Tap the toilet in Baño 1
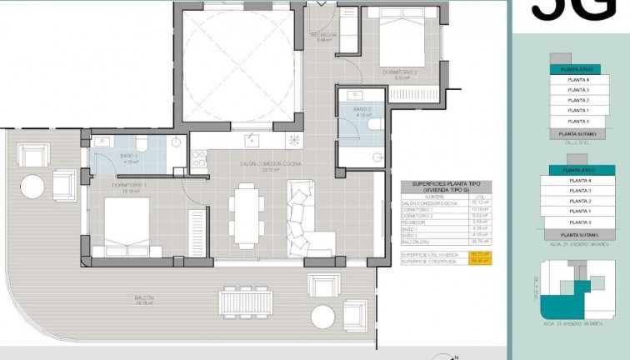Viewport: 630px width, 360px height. click(142, 141)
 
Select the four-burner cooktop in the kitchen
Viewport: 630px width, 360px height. click(198, 158)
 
